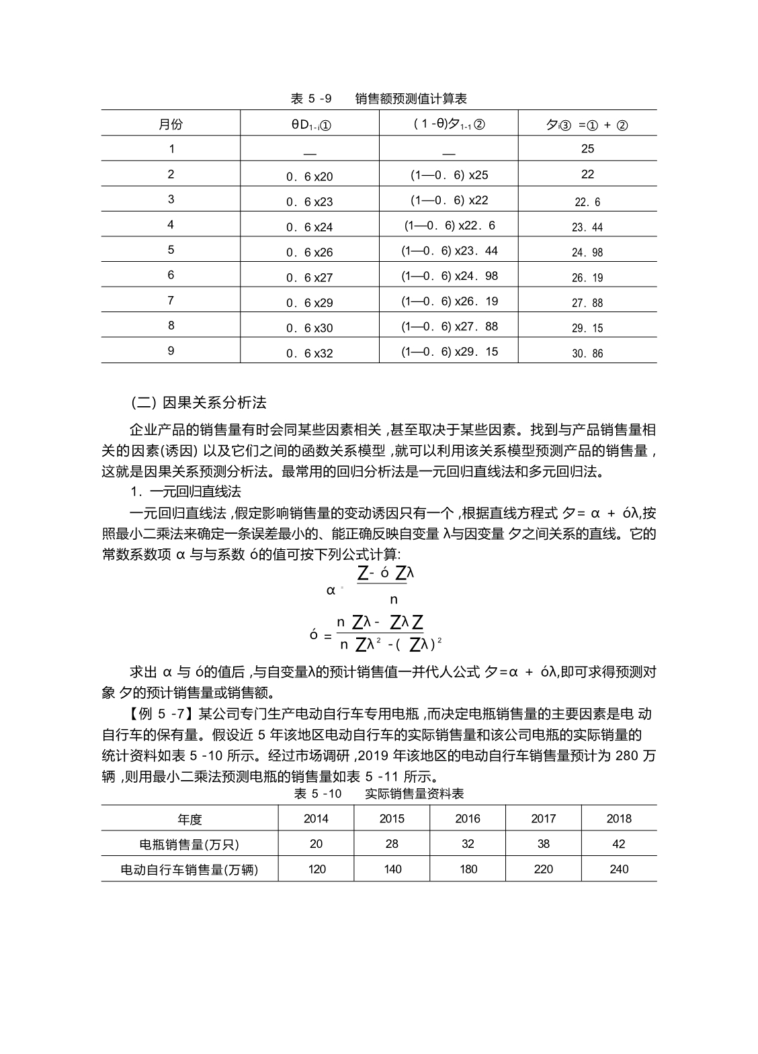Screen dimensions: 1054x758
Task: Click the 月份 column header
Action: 171,124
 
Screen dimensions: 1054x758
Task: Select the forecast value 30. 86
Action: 587,353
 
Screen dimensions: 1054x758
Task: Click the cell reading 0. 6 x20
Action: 309,177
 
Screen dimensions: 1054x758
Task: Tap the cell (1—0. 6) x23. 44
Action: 450,250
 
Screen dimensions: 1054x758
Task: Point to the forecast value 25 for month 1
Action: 587,148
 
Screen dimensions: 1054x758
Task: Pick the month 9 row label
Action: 171,350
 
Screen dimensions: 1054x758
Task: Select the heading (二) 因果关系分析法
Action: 198,403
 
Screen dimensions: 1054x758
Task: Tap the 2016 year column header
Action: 468,818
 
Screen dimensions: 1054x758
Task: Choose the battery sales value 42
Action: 619,844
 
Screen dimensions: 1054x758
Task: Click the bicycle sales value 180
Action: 468,869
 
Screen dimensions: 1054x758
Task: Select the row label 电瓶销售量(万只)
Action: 189,844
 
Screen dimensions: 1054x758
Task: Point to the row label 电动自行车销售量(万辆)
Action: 189,869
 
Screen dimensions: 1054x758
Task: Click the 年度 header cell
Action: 189,819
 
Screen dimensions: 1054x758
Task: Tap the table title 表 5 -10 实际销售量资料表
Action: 378,794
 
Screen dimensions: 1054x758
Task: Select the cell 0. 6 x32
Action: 309,353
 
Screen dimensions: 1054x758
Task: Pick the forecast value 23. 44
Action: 587,227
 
